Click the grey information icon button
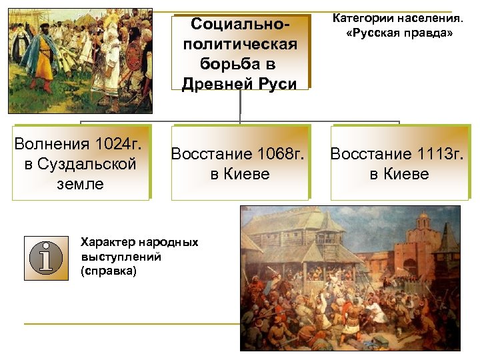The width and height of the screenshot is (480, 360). pos(45,258)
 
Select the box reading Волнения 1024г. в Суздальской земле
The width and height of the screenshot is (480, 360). pos(81,163)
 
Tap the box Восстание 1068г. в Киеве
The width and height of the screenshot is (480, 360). pos(240,163)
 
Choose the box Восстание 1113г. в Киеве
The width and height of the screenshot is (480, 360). pos(399,163)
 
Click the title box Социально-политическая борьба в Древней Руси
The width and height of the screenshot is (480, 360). pos(241,53)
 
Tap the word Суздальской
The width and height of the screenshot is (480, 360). pos(81,164)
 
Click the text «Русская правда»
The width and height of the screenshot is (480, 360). pos(399,32)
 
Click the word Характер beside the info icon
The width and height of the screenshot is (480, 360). pos(107,242)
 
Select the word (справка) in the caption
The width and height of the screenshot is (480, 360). pos(107,271)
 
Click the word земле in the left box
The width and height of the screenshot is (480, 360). pos(81,183)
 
